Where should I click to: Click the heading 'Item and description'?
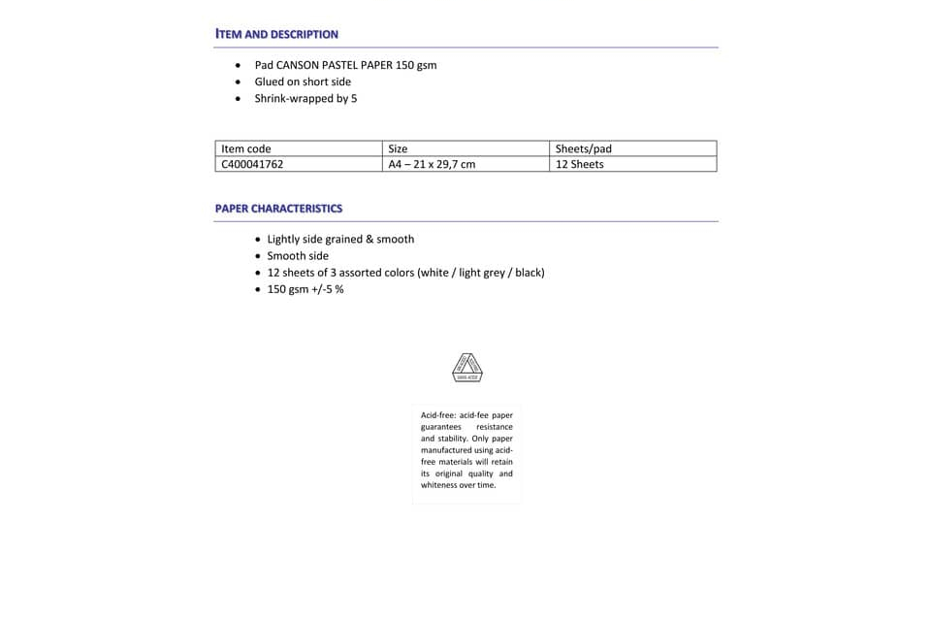276,34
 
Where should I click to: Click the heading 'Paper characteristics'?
278,209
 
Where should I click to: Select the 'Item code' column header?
246,148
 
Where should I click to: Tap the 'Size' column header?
398,148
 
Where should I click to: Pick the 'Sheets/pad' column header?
583,148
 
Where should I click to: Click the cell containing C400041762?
252,164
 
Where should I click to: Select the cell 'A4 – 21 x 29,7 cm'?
432,164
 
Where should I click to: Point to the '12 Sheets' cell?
579,164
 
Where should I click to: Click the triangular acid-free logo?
467,367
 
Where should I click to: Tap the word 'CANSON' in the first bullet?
299,65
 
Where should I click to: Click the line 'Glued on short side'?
303,82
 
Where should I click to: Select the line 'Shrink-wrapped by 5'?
305,98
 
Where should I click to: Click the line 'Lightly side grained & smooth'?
340,239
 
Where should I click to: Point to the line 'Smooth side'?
298,256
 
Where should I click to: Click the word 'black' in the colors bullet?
529,273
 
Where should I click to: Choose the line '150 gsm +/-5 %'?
305,289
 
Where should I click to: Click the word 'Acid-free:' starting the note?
437,415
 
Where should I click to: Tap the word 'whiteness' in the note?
438,485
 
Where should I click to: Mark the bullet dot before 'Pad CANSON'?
239,65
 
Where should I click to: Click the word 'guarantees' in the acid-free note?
441,427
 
